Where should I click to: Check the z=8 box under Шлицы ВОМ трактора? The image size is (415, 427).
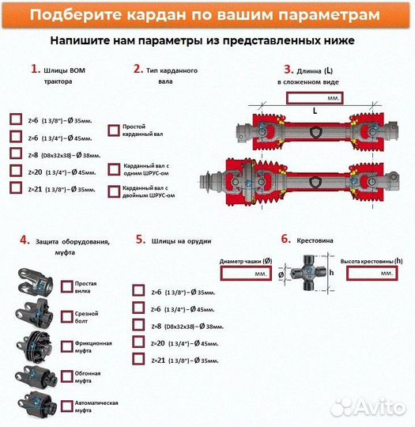(x=16, y=153)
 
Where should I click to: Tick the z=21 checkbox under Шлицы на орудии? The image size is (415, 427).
(x=138, y=360)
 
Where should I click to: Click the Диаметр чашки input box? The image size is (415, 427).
(x=247, y=273)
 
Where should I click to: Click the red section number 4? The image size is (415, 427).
(x=25, y=240)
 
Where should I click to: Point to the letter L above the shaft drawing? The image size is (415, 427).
(x=314, y=111)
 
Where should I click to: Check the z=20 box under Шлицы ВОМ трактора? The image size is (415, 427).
(x=16, y=171)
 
